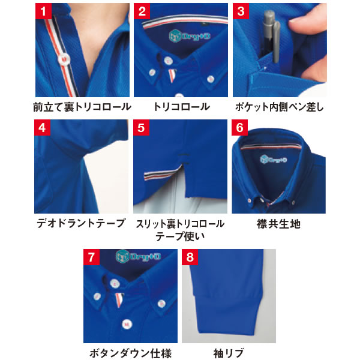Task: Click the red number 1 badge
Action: coord(43,11)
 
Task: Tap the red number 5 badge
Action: coord(141,127)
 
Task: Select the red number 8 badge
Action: coord(190,257)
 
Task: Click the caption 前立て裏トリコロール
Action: coord(82,107)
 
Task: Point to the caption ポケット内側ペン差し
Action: coord(279,107)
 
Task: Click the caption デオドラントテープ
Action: coord(81,223)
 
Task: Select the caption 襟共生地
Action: coord(278,224)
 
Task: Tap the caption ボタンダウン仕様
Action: coord(130,353)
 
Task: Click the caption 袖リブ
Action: coord(229,353)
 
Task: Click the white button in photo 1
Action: coord(64,59)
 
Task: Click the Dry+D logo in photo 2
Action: coord(190,36)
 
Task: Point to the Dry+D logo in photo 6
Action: coord(274,160)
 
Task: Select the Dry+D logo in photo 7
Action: coord(138,256)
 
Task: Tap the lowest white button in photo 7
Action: coord(127,324)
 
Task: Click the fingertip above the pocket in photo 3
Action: coord(305,25)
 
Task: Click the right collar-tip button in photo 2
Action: coord(211,79)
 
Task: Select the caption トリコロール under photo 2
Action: coord(181,107)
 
